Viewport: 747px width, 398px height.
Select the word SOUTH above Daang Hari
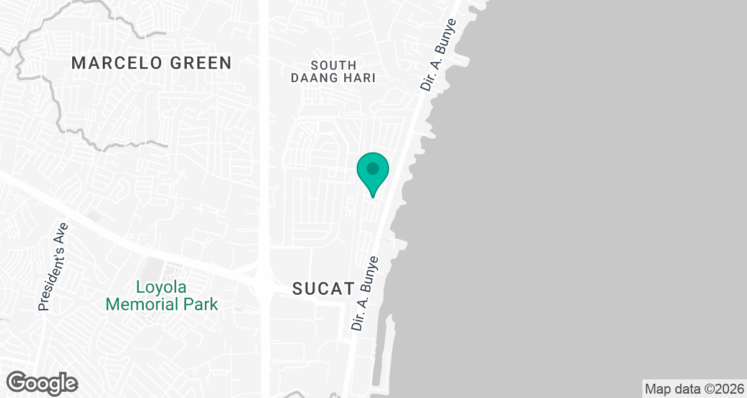point(334,65)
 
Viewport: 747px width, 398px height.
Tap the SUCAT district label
point(323,289)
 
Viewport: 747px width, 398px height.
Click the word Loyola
point(161,288)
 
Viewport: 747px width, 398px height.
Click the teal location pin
point(372,173)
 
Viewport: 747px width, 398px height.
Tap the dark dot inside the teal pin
point(372,169)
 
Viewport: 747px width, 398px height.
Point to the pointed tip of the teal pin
point(372,197)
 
